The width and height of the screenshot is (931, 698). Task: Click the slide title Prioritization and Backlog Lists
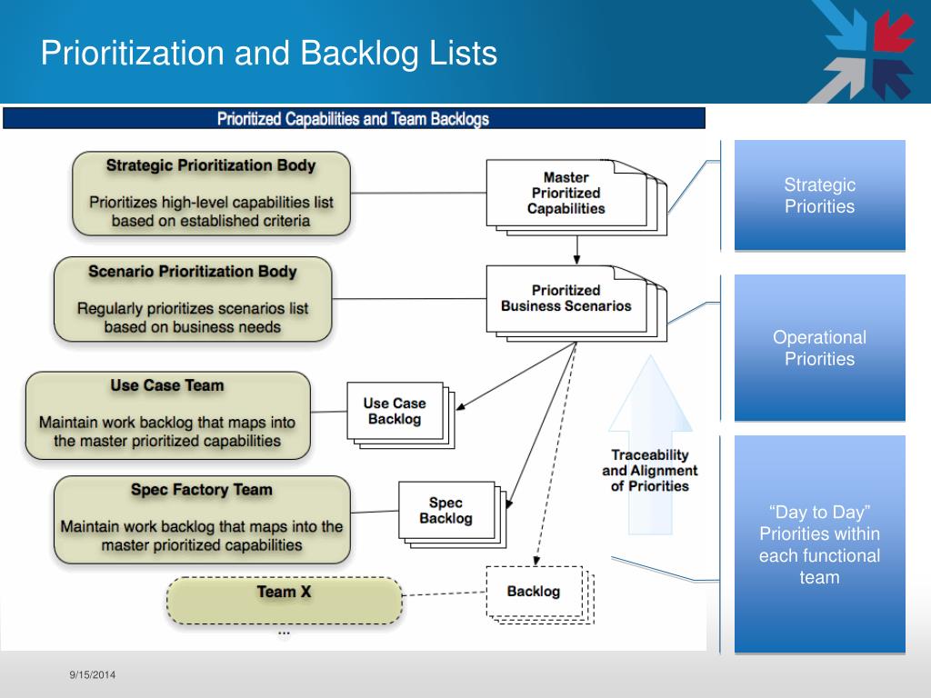[269, 53]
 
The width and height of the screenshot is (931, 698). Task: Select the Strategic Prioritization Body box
[211, 193]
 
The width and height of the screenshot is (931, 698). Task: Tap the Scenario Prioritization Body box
[193, 299]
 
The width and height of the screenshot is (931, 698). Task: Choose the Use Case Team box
[167, 414]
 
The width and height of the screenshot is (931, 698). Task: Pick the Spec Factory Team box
[202, 519]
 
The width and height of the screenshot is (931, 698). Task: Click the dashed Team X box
[284, 600]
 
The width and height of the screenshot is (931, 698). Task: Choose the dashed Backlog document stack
[534, 592]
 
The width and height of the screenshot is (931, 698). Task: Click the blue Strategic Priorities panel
[819, 195]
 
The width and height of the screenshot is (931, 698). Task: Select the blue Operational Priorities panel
[819, 348]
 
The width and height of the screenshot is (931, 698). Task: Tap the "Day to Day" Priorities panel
[819, 543]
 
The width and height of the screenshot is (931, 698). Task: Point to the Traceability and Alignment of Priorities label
[649, 470]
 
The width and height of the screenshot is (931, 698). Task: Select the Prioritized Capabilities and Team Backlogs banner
[353, 119]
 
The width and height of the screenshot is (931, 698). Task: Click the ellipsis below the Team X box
[284, 631]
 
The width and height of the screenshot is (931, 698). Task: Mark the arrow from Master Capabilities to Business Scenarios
[576, 247]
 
